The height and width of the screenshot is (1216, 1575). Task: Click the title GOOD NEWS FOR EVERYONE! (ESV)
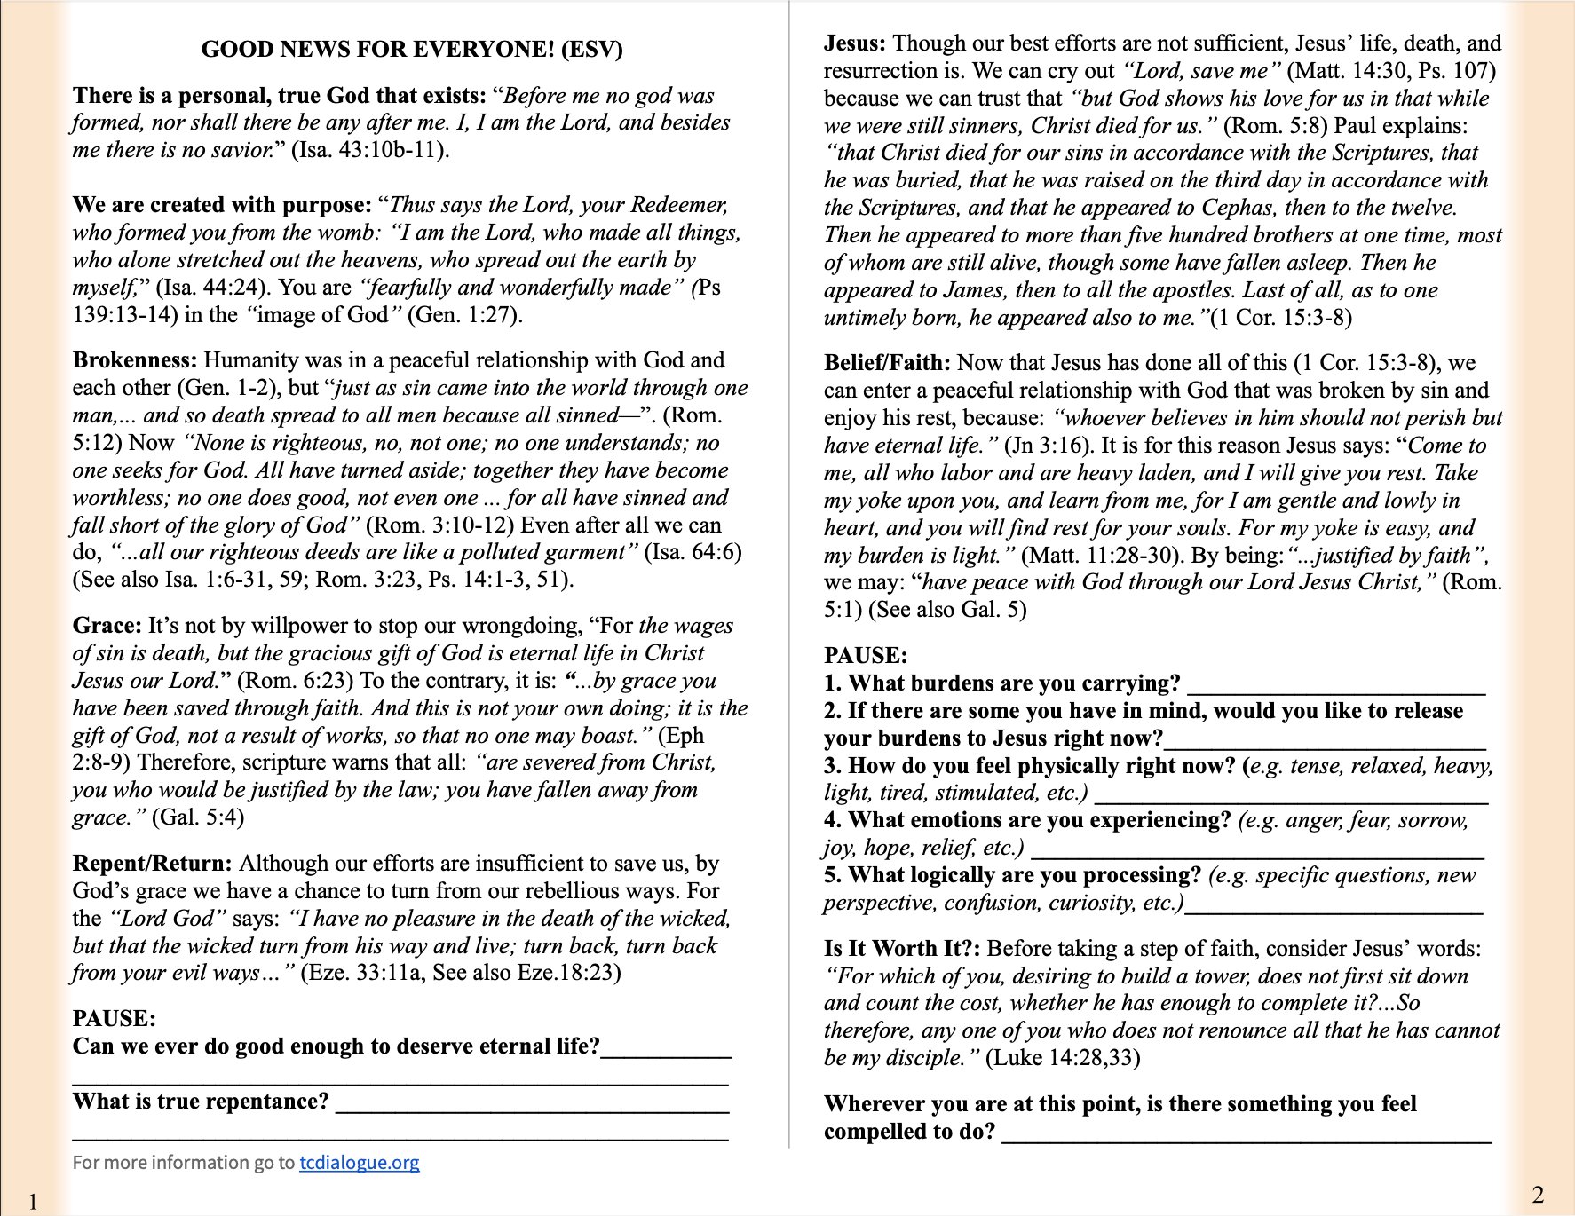click(x=412, y=49)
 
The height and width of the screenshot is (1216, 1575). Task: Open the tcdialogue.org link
click(x=359, y=1163)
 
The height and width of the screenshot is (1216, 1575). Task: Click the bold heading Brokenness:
click(x=134, y=360)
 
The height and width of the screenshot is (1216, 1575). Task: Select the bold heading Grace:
click(x=107, y=626)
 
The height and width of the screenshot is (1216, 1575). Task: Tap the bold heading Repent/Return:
click(x=152, y=864)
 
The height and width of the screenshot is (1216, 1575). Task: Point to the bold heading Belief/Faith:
click(x=886, y=363)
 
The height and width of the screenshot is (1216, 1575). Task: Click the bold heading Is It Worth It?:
click(x=902, y=949)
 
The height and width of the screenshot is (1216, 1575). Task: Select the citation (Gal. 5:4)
click(x=198, y=817)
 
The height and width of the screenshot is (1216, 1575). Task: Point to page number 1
click(x=33, y=1203)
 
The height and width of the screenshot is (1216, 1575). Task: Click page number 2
click(x=1538, y=1195)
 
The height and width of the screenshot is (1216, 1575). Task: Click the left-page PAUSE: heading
click(x=114, y=1019)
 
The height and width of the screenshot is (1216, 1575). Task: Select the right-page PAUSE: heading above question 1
click(x=865, y=656)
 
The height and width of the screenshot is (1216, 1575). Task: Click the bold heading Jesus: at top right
click(x=854, y=43)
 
